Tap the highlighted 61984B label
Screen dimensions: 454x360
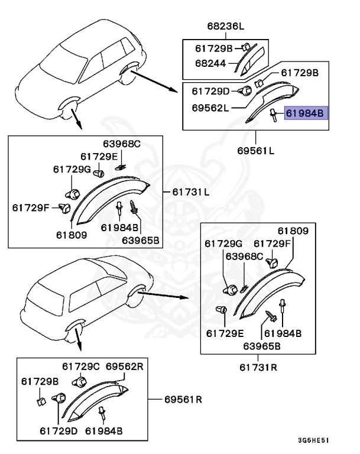(x=304, y=112)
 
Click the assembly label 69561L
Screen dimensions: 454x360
(x=255, y=150)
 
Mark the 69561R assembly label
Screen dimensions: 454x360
(x=183, y=399)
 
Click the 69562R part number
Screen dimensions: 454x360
(x=125, y=367)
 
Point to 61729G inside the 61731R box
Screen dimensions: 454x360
(x=224, y=243)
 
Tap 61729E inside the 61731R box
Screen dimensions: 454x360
(x=225, y=333)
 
